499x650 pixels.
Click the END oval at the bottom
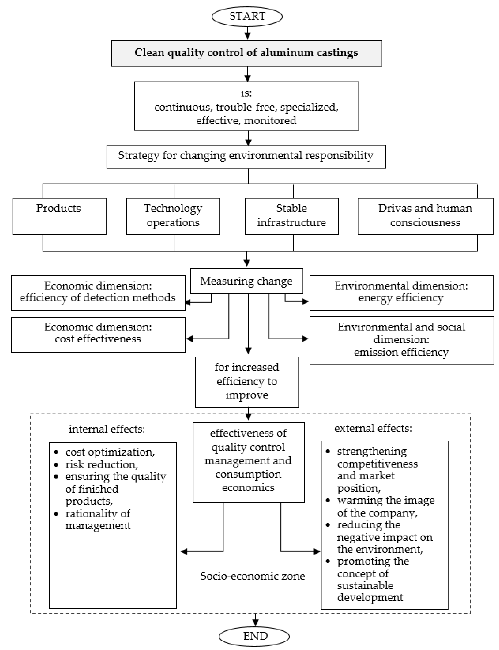(x=254, y=636)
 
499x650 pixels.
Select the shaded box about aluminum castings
(x=246, y=53)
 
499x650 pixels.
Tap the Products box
(x=59, y=216)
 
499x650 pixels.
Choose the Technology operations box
(x=173, y=216)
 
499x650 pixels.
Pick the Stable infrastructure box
(x=291, y=216)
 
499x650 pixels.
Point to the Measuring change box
(x=246, y=281)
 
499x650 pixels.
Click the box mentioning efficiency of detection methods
(x=98, y=293)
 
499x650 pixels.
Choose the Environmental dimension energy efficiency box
(x=401, y=293)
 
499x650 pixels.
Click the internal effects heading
(x=107, y=429)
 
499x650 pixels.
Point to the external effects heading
(x=373, y=428)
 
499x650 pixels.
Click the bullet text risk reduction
(x=102, y=465)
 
